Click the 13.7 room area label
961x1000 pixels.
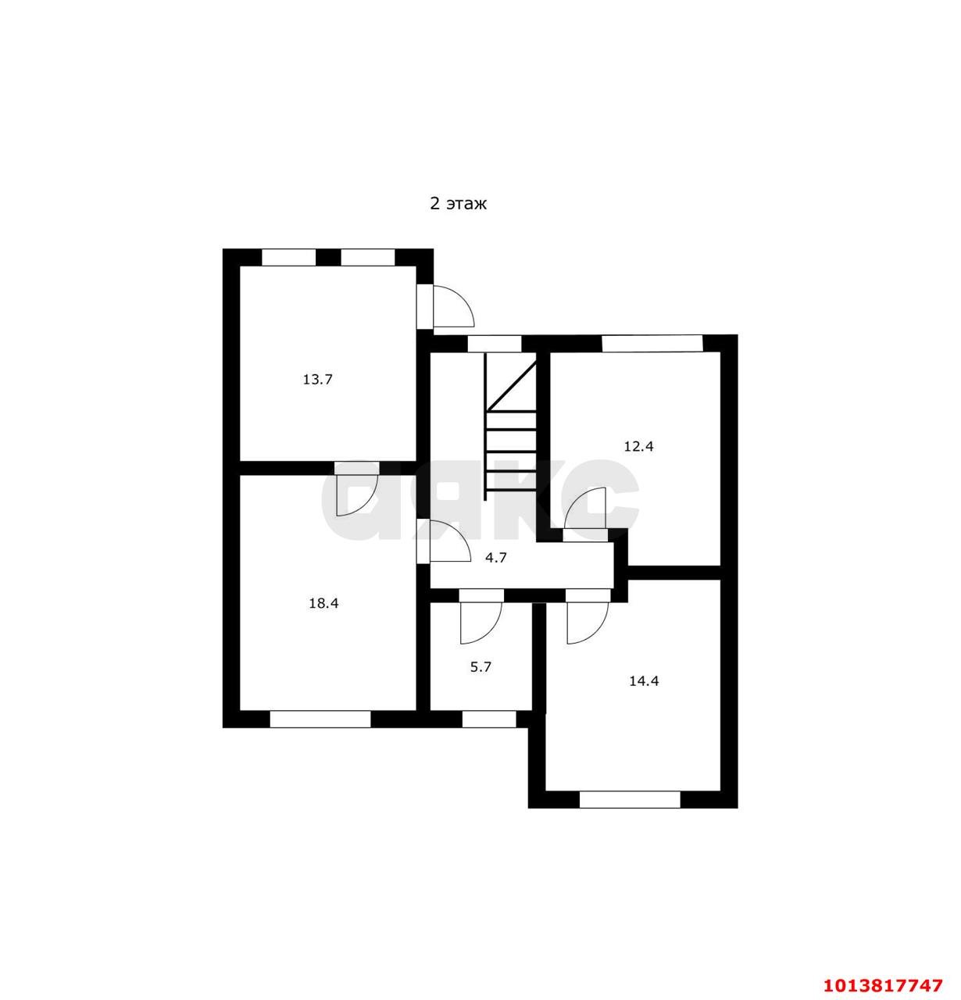point(318,380)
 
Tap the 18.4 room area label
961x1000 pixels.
point(323,603)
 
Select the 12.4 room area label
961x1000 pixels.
point(638,447)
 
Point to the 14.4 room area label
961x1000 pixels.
point(644,680)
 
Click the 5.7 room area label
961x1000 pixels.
point(481,667)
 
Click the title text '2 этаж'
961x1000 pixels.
point(459,204)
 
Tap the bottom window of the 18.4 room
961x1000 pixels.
point(320,719)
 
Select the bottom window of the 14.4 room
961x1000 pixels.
point(631,799)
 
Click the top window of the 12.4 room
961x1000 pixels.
point(652,343)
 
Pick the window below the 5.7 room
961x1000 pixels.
point(489,719)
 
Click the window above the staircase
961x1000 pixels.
point(495,344)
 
